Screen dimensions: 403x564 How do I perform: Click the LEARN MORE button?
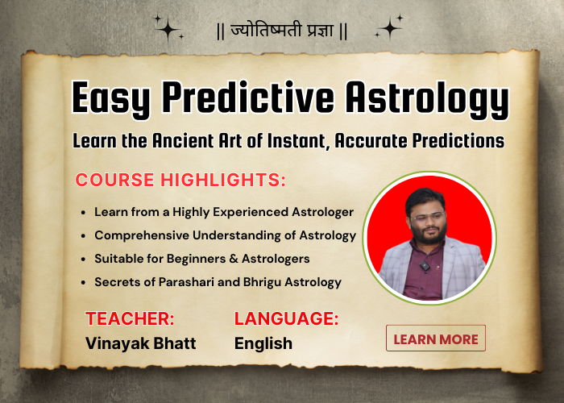(x=436, y=339)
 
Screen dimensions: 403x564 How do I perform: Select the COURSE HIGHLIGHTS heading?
(x=180, y=180)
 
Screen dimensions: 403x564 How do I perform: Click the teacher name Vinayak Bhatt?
(x=140, y=343)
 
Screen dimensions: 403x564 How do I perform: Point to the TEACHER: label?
(x=130, y=318)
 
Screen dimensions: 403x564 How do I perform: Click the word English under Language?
(x=263, y=343)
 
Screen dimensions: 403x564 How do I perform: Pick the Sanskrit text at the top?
(x=281, y=32)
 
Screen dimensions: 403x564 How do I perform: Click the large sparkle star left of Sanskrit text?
(x=168, y=30)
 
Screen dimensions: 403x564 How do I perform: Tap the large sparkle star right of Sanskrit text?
(x=390, y=28)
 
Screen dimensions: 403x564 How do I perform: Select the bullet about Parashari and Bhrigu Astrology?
(x=218, y=282)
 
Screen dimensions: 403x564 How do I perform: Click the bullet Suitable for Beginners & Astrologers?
(x=201, y=259)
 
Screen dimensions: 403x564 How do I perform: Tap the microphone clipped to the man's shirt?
(x=425, y=264)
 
